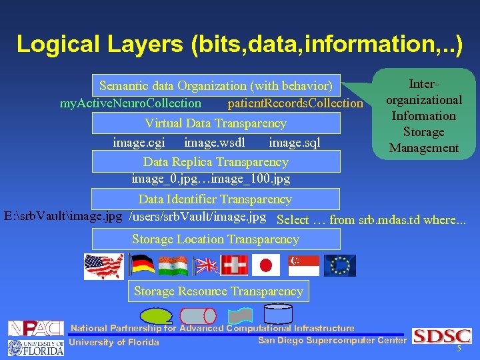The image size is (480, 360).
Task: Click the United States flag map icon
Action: pyautogui.click(x=103, y=265)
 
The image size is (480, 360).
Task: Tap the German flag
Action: pyautogui.click(x=141, y=265)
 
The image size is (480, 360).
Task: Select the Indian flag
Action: pyautogui.click(x=173, y=265)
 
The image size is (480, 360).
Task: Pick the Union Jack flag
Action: pyautogui.click(x=206, y=265)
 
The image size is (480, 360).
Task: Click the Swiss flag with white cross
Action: pyautogui.click(x=235, y=265)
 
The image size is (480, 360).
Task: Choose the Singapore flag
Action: pyautogui.click(x=304, y=265)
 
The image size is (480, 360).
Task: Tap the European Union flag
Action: pyautogui.click(x=340, y=265)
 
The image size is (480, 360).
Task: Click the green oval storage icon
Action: pyautogui.click(x=158, y=315)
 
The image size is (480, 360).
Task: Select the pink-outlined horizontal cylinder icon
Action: pyautogui.click(x=198, y=315)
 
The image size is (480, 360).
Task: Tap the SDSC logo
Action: pyautogui.click(x=442, y=336)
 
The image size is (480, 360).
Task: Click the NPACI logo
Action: pyautogui.click(x=35, y=328)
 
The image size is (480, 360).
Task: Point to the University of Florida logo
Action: pyautogui.click(x=35, y=347)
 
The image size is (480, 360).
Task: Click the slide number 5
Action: pyautogui.click(x=459, y=349)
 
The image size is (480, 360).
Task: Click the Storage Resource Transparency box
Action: pyautogui.click(x=218, y=291)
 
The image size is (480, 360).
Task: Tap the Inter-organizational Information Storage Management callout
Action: pyautogui.click(x=424, y=116)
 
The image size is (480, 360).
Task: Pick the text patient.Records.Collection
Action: pyautogui.click(x=295, y=103)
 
